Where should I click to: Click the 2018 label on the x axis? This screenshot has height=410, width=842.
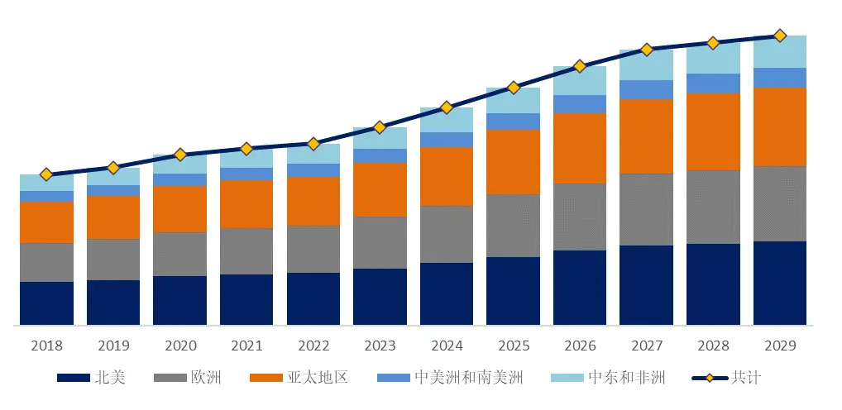46,346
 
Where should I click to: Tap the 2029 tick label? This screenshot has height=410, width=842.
779,346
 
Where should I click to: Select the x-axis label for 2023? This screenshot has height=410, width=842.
380,346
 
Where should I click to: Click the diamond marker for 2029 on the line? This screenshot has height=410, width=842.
779,36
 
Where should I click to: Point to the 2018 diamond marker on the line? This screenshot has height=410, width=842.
46,174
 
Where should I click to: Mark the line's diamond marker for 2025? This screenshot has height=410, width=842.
513,87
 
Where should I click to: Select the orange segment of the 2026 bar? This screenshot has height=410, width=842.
580,148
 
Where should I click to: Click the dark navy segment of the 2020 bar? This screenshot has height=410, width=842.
179,300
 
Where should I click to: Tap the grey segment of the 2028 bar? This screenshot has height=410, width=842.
713,207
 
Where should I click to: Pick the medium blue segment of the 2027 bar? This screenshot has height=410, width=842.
646,89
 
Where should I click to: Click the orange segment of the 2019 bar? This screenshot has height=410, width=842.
113,217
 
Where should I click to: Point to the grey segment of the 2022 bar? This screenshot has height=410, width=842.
313,249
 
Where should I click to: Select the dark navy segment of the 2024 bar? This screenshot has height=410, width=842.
447,293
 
